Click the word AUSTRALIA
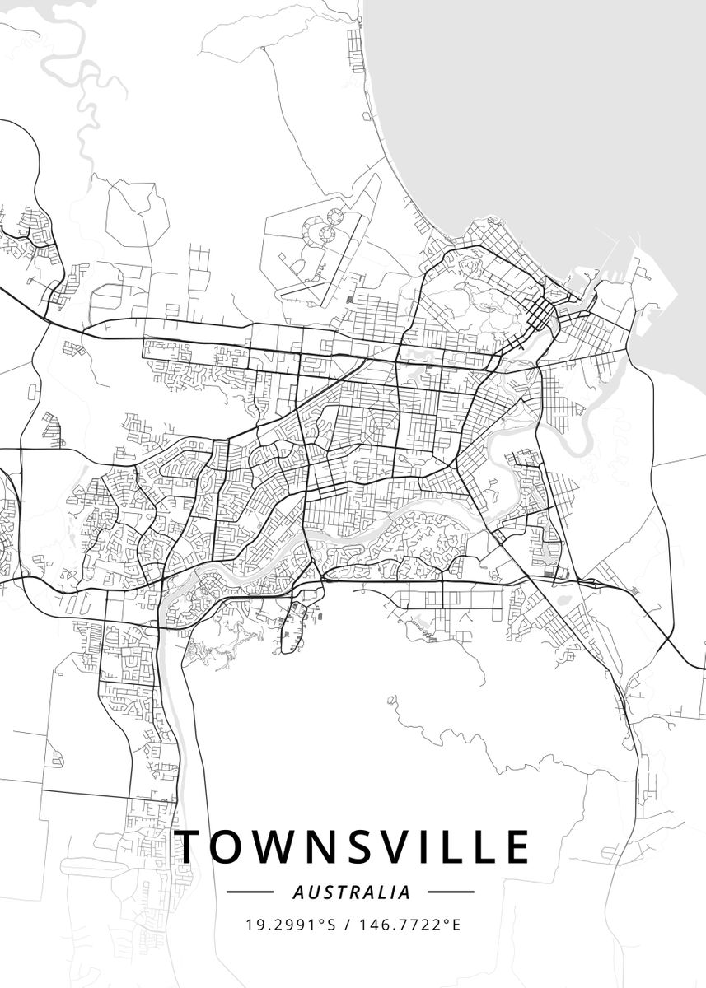[x=352, y=892]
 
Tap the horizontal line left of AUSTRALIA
[x=250, y=892]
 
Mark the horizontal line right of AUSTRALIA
[x=451, y=892]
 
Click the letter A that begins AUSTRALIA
[x=297, y=892]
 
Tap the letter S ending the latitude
[x=333, y=925]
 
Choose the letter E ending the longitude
[x=456, y=925]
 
